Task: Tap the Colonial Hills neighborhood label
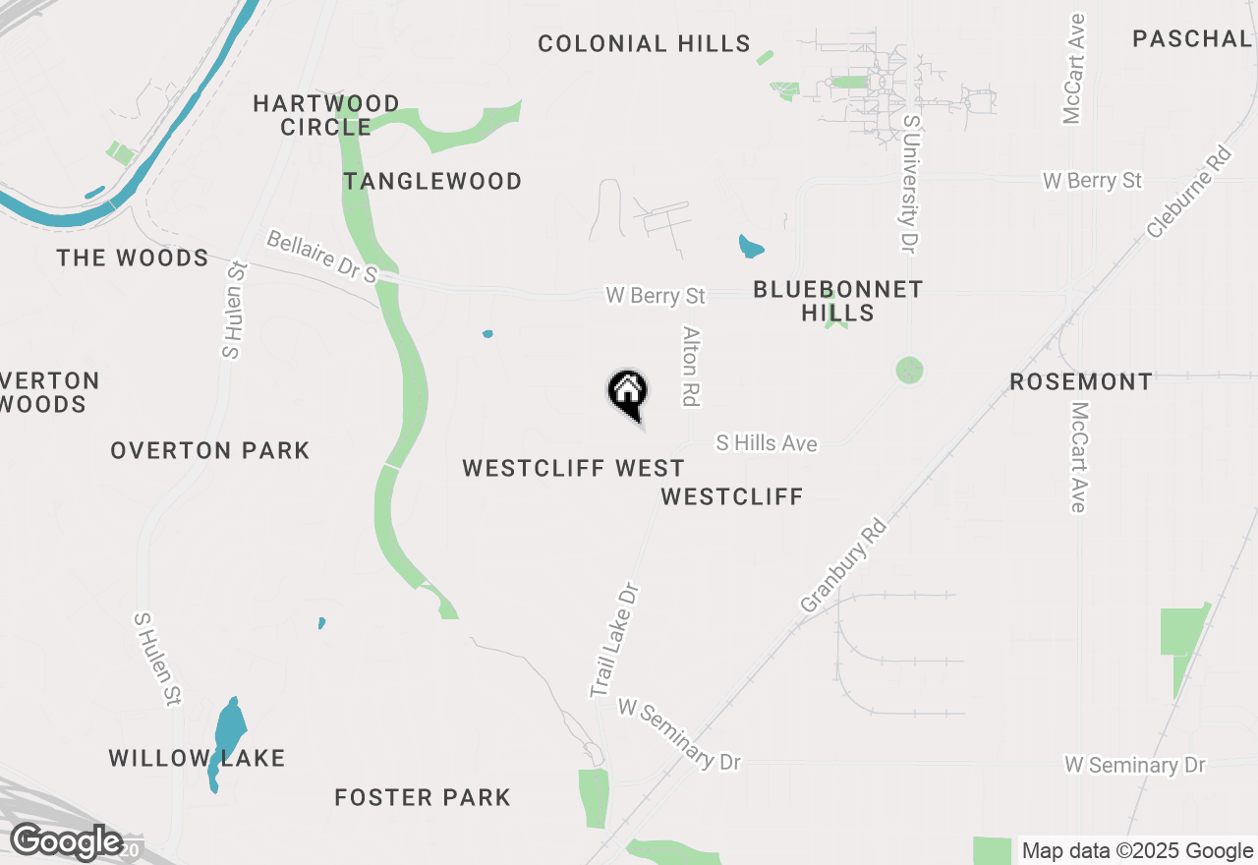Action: tap(645, 43)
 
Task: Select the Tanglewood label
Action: tap(432, 181)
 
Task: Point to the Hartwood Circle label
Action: tap(326, 115)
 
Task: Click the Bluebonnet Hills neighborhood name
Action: tap(838, 301)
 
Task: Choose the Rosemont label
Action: tap(1081, 381)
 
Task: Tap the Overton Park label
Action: tap(210, 450)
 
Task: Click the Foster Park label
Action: tap(423, 797)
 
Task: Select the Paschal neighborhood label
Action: tap(1191, 38)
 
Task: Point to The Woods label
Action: tap(133, 258)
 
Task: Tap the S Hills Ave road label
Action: tap(767, 443)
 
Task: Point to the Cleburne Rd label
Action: tap(1188, 192)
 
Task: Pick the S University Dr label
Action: tap(910, 185)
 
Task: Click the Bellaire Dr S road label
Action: tap(322, 258)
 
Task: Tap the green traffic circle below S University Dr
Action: tap(910, 371)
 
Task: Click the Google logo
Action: tap(67, 841)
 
